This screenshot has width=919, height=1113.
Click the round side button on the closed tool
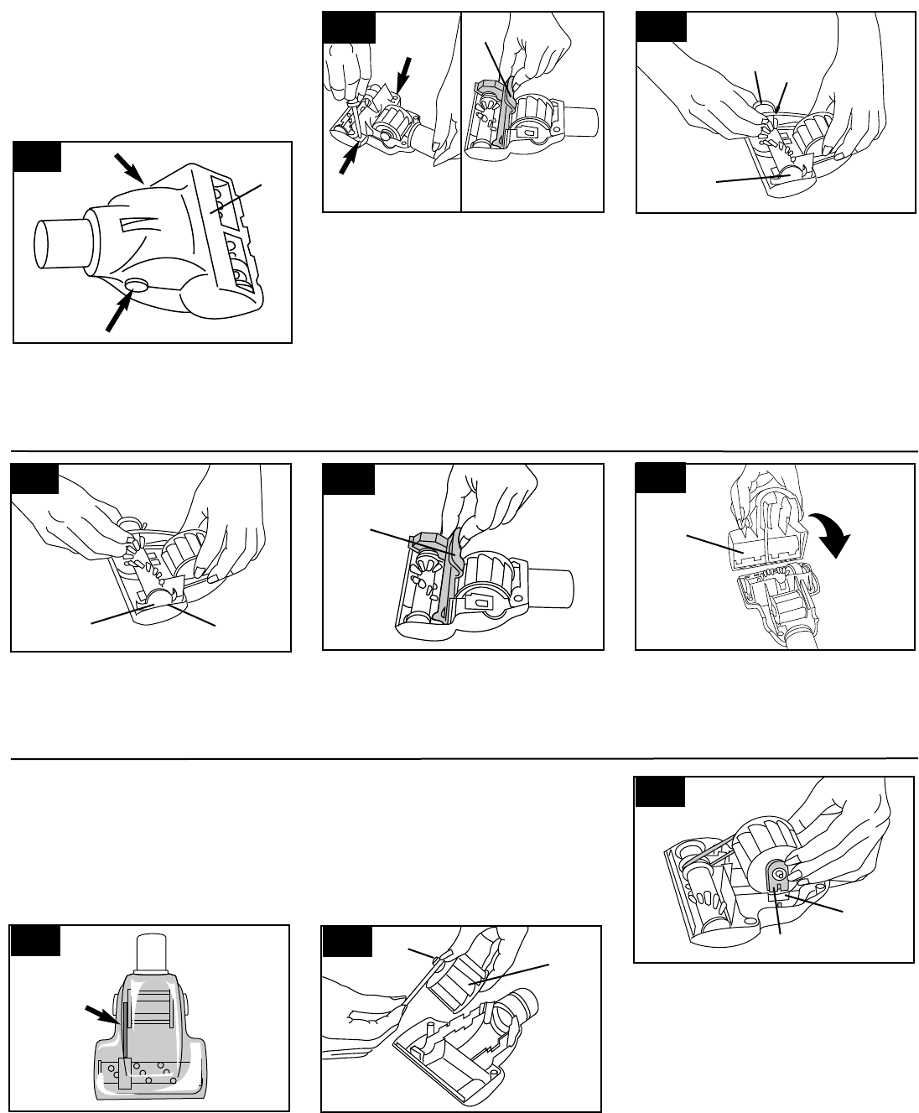click(x=132, y=286)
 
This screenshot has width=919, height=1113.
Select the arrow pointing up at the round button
click(x=116, y=313)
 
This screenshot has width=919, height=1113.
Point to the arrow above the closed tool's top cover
click(x=130, y=169)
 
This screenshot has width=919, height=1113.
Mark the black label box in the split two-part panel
click(x=349, y=28)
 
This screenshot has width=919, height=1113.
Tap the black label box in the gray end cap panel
click(x=659, y=791)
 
